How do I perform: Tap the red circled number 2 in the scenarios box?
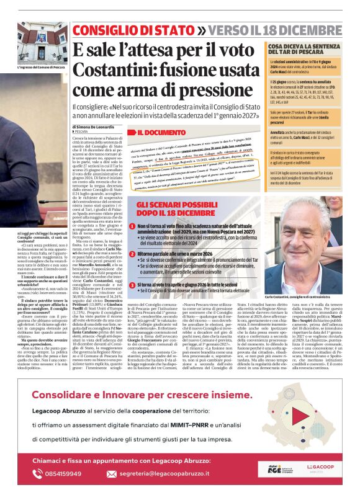(x=142, y=254)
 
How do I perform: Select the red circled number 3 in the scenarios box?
(x=142, y=284)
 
